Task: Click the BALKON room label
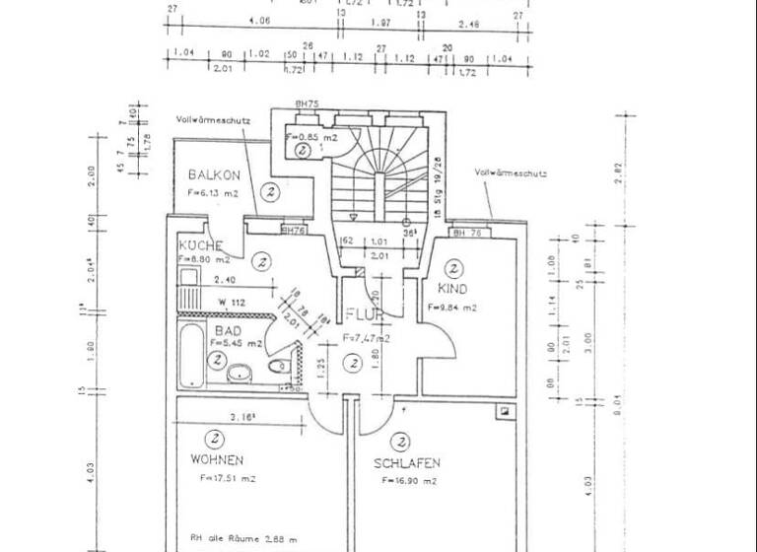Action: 214,174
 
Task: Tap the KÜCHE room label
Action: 201,245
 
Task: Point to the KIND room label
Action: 452,290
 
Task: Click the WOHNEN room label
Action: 218,459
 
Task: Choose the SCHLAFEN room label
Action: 406,462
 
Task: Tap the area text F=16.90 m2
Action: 409,480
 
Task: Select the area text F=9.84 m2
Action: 452,308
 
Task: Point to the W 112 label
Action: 232,302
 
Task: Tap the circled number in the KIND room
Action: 454,267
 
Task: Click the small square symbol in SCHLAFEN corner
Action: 505,410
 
